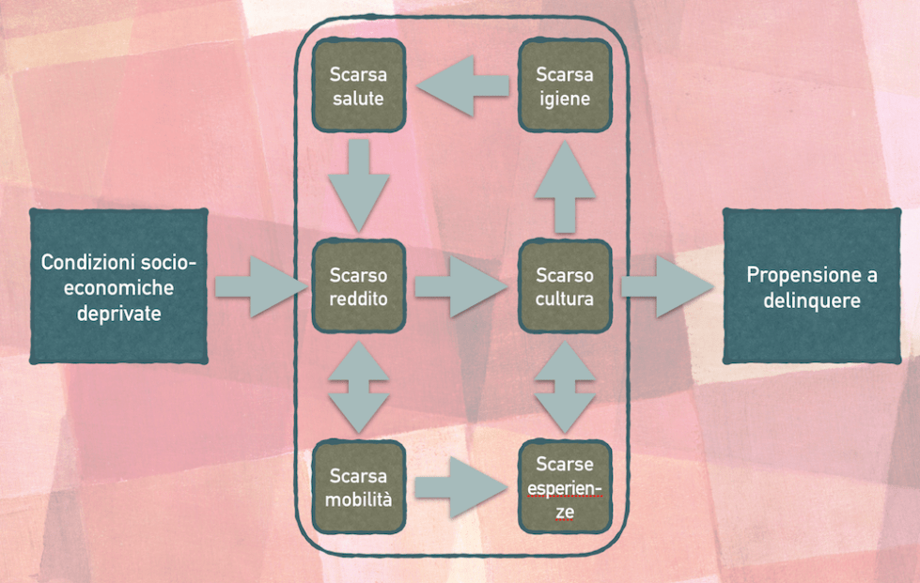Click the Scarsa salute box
point(358,85)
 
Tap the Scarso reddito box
point(358,286)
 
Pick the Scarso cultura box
point(565,286)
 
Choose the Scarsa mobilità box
point(358,487)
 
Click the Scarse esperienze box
point(565,487)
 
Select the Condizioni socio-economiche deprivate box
point(119,286)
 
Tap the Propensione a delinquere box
point(812,286)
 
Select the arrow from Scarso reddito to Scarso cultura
point(460,286)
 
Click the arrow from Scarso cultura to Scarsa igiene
point(565,187)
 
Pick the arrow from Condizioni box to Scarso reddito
point(256,286)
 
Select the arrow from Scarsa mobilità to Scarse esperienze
point(460,487)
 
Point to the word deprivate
point(119,312)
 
